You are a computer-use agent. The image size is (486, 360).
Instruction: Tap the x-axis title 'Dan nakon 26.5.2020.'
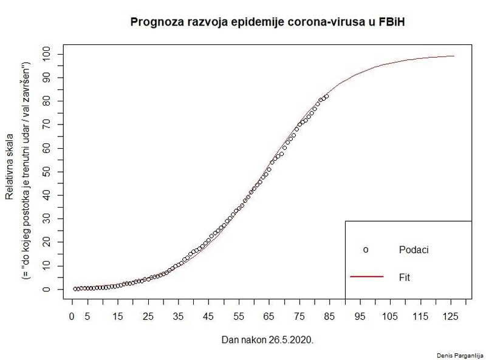click(x=267, y=340)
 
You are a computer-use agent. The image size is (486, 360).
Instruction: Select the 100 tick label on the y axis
click(x=46, y=54)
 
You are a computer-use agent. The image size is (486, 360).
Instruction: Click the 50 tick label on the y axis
click(x=46, y=172)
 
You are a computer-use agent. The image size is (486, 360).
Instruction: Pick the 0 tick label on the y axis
click(x=46, y=290)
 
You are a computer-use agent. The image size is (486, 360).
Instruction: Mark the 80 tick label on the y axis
click(x=46, y=101)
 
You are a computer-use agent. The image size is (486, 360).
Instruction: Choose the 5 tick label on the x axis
click(x=87, y=316)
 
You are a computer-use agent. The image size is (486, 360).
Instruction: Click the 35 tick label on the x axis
click(x=178, y=316)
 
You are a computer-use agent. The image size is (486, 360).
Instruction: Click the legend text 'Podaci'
click(x=414, y=250)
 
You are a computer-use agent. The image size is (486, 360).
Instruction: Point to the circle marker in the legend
click(x=366, y=250)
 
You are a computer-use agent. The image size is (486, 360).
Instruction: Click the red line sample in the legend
click(x=367, y=277)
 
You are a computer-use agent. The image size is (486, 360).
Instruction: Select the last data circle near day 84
click(x=327, y=96)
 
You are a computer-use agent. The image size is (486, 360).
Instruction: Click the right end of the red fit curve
click(x=454, y=56)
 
